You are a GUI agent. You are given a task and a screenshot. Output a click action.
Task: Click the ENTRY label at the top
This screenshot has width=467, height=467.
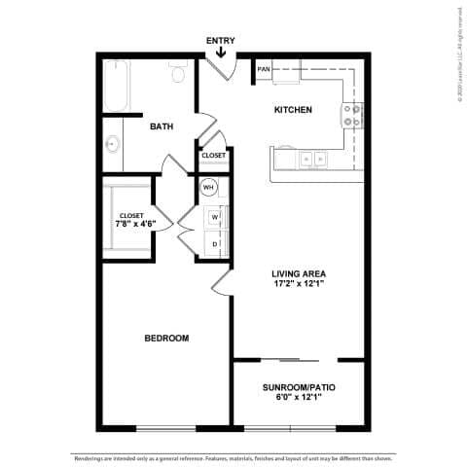[x=221, y=40]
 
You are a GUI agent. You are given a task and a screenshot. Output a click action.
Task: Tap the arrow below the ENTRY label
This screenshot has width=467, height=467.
[x=221, y=53]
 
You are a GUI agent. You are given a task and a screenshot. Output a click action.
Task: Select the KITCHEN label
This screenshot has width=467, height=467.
[x=293, y=110]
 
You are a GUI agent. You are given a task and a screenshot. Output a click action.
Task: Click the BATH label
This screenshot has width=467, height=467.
[x=162, y=126]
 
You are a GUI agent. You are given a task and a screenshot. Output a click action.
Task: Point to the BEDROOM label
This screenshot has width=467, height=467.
[x=166, y=338]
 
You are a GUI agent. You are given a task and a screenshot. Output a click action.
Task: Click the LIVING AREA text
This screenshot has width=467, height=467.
[x=299, y=273]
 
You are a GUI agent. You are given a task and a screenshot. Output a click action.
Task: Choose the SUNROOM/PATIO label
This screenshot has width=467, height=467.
[x=299, y=386]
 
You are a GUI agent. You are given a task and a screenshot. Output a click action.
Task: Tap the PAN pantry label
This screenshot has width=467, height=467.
[x=264, y=70]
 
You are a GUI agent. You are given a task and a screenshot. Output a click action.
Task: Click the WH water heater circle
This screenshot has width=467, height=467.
[x=208, y=189]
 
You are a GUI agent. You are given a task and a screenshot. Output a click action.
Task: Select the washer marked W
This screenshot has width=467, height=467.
[x=214, y=216]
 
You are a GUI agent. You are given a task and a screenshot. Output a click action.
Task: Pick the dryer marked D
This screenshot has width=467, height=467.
[x=214, y=244]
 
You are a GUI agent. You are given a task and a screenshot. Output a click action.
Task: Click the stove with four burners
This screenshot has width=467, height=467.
[x=352, y=117]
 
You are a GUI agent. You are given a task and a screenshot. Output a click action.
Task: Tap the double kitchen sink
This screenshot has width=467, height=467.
[x=313, y=158]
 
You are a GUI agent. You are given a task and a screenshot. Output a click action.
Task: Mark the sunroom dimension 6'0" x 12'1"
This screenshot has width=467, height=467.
[x=299, y=398]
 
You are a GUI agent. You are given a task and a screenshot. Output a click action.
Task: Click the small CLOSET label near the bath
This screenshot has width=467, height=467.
[x=213, y=156]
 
